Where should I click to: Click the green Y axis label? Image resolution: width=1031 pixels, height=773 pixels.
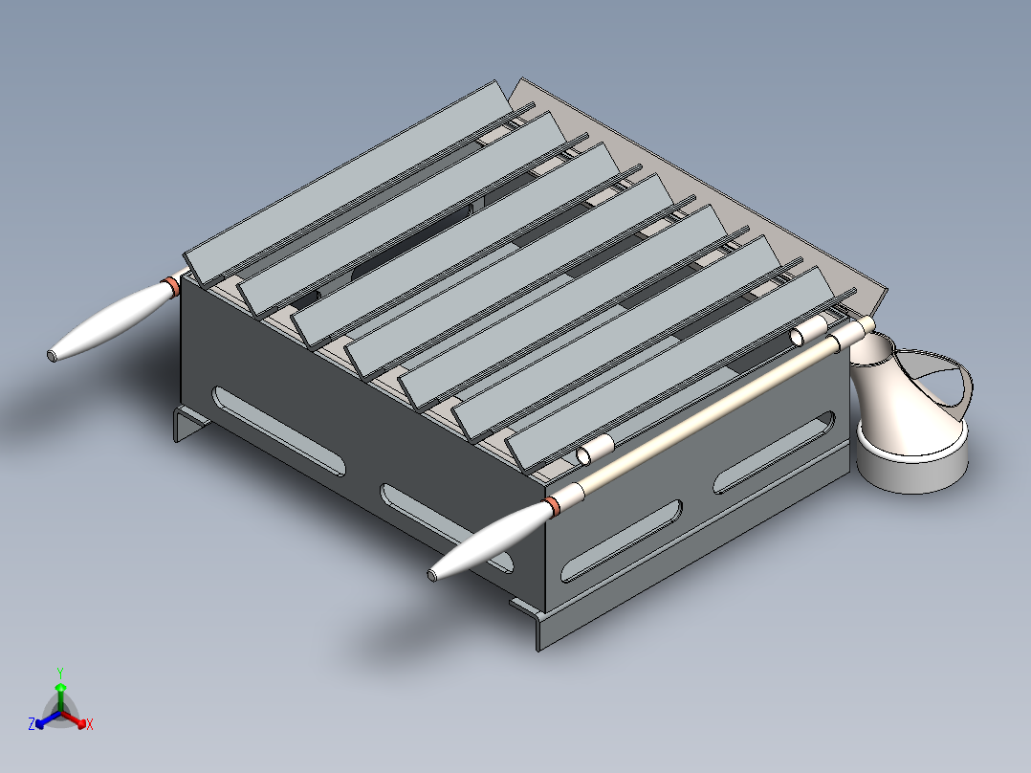60,673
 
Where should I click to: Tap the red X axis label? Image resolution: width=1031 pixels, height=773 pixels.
90,724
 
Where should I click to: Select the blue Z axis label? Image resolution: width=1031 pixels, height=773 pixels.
32,723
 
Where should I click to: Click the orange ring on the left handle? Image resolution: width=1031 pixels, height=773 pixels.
172,287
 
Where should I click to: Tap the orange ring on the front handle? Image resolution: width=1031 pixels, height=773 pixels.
553,505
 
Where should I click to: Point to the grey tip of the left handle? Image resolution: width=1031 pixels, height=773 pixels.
52,356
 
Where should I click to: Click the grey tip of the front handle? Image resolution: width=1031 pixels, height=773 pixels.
432,576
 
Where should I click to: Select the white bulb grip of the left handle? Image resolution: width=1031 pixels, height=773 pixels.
111,320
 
